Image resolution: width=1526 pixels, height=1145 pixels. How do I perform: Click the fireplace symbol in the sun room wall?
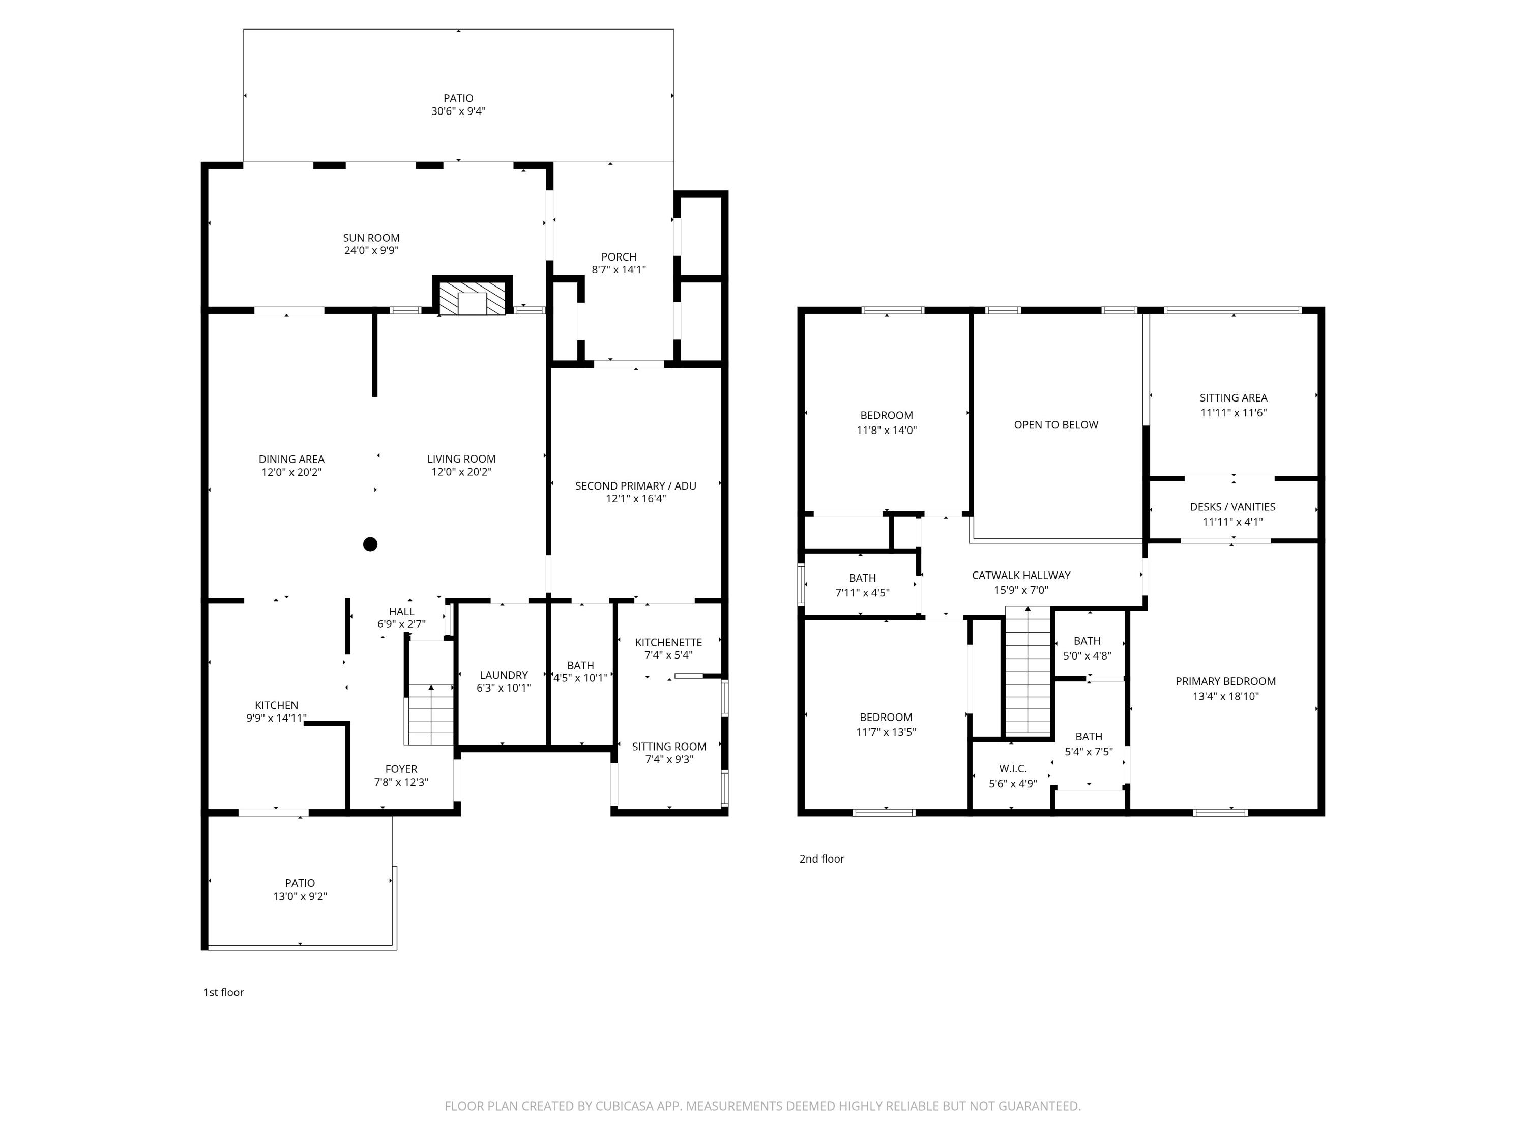click(x=473, y=298)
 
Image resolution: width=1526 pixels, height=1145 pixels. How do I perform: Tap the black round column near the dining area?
click(x=370, y=545)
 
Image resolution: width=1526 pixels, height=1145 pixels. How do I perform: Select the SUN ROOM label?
click(x=371, y=238)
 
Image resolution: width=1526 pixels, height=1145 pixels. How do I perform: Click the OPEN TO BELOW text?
click(x=1055, y=425)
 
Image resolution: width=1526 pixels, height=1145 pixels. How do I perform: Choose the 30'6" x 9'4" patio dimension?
click(x=458, y=111)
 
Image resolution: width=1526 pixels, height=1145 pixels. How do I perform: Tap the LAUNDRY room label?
click(x=504, y=675)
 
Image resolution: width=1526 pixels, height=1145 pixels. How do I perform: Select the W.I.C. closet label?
click(x=1013, y=769)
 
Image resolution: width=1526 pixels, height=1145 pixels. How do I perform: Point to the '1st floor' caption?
click(x=223, y=992)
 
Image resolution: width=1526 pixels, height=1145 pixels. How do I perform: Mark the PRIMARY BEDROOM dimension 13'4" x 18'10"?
click(x=1225, y=696)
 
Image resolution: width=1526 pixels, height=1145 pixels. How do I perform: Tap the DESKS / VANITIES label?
click(x=1232, y=506)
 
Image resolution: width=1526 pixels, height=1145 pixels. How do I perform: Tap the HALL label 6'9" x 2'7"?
click(x=401, y=612)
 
